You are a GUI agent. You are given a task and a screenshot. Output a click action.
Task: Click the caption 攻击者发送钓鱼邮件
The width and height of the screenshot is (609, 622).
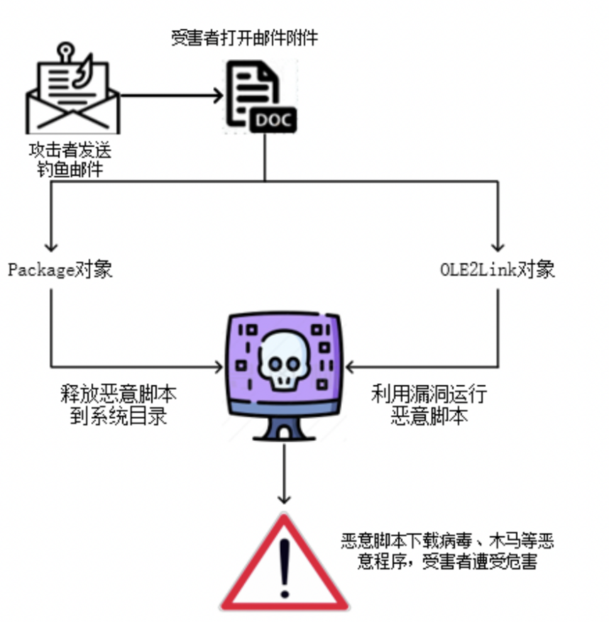coord(70,161)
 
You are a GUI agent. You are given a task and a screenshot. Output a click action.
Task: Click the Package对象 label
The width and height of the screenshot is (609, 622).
coord(60,270)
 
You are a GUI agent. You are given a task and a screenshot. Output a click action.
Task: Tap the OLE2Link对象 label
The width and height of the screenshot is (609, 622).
coord(496,270)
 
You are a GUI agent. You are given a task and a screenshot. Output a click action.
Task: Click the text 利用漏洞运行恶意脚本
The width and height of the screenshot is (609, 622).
coord(429,405)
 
